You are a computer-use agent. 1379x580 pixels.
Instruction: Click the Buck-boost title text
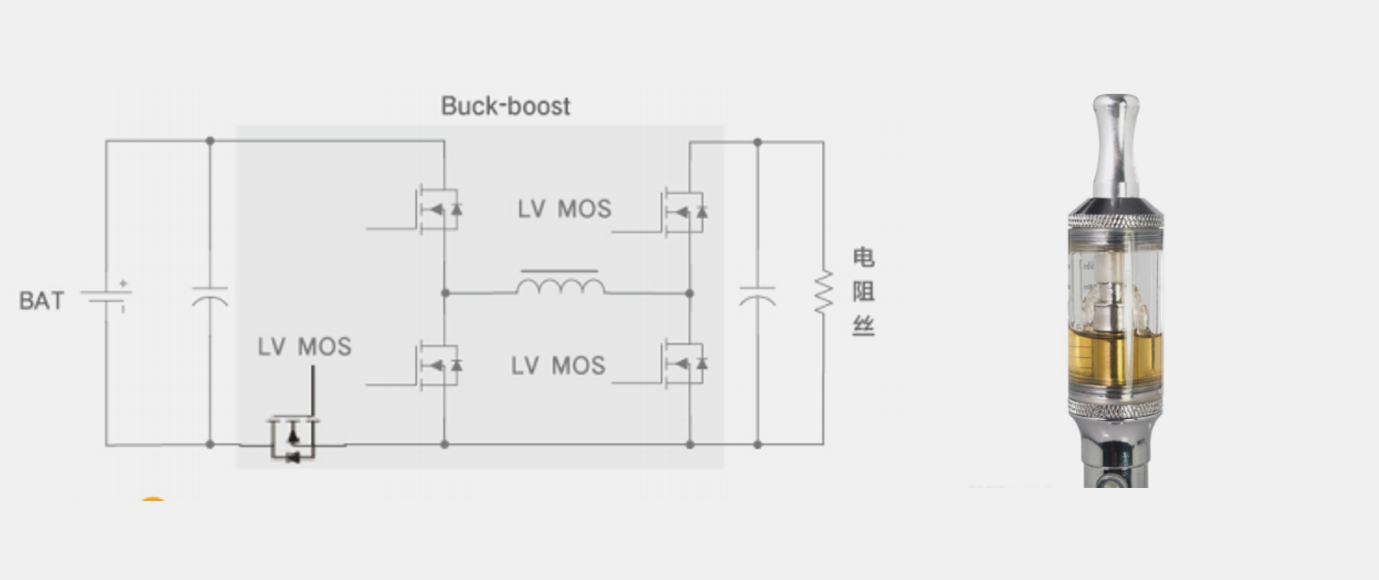pyautogui.click(x=506, y=106)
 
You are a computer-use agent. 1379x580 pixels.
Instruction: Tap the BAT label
pyautogui.click(x=41, y=301)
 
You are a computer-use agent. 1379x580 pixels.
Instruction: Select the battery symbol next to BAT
pyautogui.click(x=106, y=297)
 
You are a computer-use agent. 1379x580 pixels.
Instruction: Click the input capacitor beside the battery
pyautogui.click(x=210, y=297)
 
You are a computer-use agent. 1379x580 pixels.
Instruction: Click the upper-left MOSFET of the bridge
pyautogui.click(x=438, y=210)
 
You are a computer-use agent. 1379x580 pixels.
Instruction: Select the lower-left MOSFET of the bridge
pyautogui.click(x=438, y=365)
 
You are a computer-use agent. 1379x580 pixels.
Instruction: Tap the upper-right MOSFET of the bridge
pyautogui.click(x=684, y=212)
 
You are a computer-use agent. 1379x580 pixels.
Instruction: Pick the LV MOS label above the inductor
pyautogui.click(x=565, y=209)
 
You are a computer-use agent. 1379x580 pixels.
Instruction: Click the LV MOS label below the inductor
pyautogui.click(x=558, y=365)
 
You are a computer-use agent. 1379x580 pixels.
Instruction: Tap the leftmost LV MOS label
pyautogui.click(x=305, y=347)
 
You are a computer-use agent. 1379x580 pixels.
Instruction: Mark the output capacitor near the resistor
pyautogui.click(x=757, y=297)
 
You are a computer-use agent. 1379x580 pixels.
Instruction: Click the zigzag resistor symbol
pyautogui.click(x=823, y=292)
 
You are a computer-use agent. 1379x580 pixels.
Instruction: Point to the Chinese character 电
pyautogui.click(x=863, y=257)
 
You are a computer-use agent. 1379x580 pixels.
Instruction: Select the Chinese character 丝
pyautogui.click(x=863, y=325)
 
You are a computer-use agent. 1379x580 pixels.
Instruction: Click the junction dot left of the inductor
pyautogui.click(x=445, y=293)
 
